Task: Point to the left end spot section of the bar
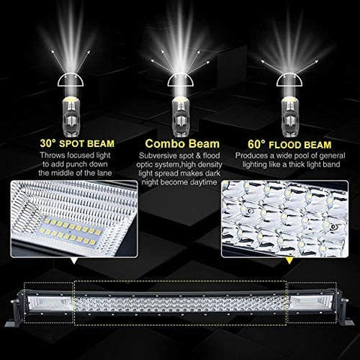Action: pyautogui.click(x=48, y=301)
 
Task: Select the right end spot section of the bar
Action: pyautogui.click(x=311, y=301)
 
